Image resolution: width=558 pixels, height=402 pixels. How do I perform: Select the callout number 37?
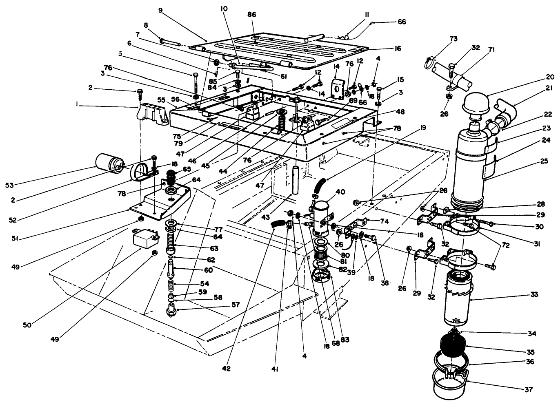528,389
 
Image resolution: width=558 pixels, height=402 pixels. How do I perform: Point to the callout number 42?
226,369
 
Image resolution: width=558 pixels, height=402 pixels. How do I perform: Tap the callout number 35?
530,351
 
